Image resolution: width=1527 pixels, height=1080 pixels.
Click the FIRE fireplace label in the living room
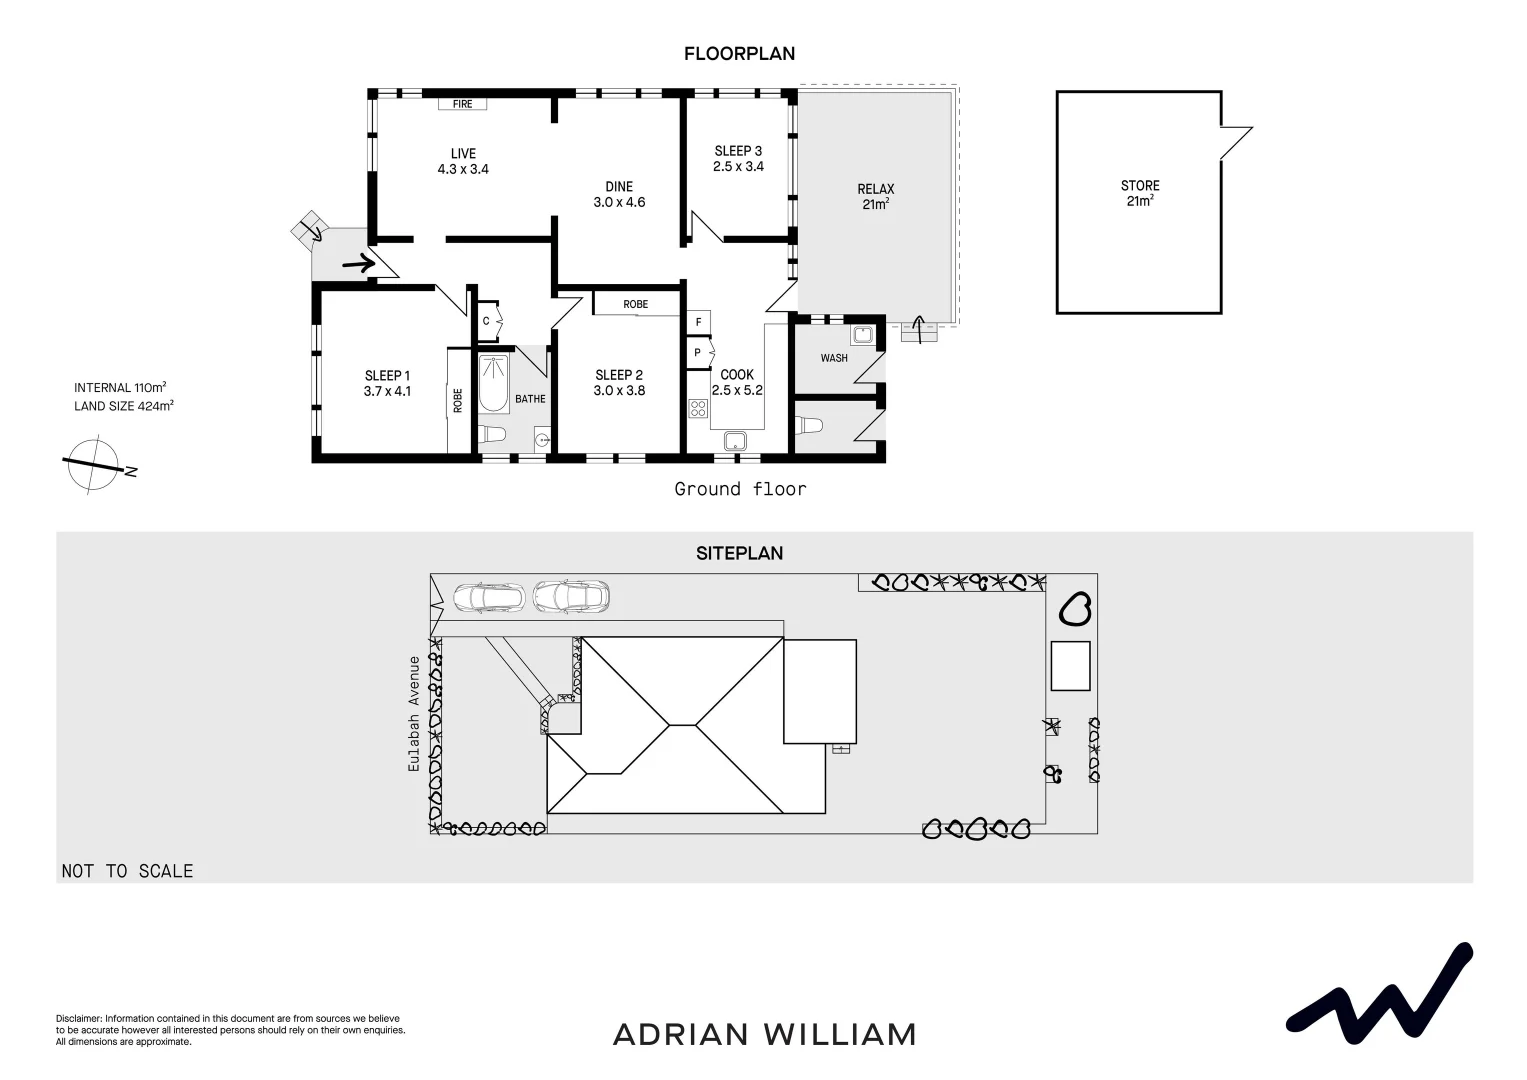(462, 104)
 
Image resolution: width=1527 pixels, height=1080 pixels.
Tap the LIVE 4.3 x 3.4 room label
(463, 161)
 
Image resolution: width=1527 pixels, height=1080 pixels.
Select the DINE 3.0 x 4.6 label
(619, 194)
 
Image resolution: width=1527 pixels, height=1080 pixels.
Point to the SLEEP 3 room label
(738, 159)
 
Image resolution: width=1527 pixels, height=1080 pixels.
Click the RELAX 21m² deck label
(875, 196)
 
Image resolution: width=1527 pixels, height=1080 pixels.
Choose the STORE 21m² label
(1140, 193)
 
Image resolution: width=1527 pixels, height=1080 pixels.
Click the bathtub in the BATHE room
(494, 384)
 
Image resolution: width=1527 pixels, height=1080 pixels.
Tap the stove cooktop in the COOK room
(698, 408)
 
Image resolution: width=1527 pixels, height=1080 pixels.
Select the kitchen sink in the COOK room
(737, 440)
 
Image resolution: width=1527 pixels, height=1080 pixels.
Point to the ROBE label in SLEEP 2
(635, 304)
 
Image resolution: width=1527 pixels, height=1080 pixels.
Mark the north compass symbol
(96, 465)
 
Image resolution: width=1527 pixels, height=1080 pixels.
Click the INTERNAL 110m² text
(120, 388)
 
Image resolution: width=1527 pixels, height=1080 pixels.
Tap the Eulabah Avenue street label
(412, 713)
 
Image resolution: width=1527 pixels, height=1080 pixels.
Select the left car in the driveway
(489, 597)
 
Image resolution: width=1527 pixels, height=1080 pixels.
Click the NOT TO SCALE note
(127, 871)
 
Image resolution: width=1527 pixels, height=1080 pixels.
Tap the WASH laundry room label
(834, 358)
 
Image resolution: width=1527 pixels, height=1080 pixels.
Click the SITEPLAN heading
(739, 553)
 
